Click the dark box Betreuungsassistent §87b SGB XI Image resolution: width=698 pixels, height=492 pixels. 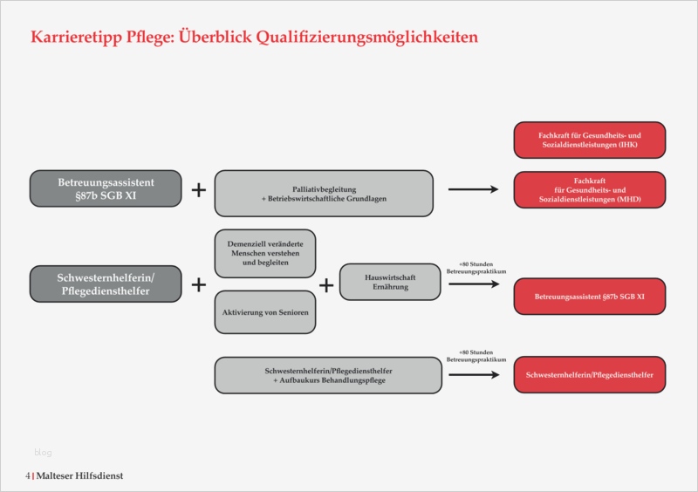[106, 189]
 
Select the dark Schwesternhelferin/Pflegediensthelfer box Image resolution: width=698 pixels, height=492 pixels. [106, 284]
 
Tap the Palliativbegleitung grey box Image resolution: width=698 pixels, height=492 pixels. [324, 193]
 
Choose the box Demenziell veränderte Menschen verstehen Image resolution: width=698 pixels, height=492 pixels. [264, 253]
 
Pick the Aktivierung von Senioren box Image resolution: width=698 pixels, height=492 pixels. [264, 311]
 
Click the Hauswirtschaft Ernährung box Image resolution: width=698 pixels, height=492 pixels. [389, 282]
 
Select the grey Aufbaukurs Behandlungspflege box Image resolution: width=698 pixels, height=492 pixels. [327, 375]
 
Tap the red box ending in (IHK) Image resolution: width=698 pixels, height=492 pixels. [590, 140]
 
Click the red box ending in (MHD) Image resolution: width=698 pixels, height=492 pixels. [590, 190]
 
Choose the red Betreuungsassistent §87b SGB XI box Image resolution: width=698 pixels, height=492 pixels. [590, 297]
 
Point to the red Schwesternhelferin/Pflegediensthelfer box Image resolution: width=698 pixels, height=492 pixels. [590, 375]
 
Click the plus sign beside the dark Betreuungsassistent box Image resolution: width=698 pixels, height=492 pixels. [199, 189]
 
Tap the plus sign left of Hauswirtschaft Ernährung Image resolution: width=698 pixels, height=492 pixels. [326, 284]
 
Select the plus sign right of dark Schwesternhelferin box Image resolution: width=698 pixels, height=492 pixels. [199, 284]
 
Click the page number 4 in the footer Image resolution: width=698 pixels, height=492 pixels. [28, 475]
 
